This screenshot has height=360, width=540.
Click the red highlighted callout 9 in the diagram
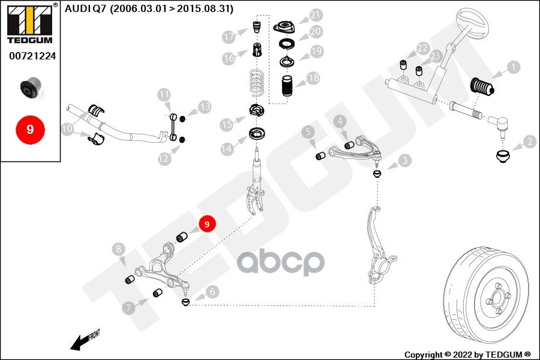point(206,224)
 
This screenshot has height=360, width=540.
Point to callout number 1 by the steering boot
point(514,67)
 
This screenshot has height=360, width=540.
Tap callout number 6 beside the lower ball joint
point(212,292)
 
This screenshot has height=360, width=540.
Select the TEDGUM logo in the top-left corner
point(29,22)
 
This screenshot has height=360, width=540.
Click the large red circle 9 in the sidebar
point(30,129)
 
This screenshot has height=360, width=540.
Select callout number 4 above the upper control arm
point(340,122)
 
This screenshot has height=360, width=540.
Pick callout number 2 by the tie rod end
point(529,142)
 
